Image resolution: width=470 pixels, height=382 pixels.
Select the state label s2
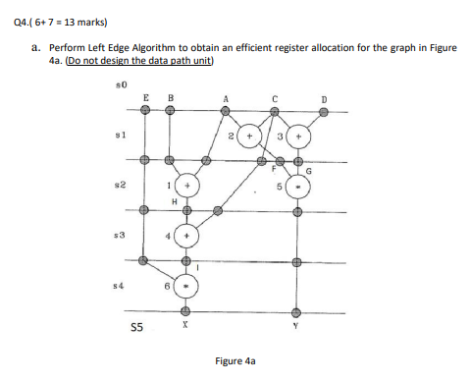[x=121, y=184]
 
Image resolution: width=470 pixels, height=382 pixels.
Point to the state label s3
[x=121, y=237]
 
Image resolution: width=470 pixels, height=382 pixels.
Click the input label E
[x=145, y=97]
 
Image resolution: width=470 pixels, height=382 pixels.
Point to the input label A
[x=227, y=97]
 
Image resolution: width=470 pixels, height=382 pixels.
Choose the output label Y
[x=295, y=327]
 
